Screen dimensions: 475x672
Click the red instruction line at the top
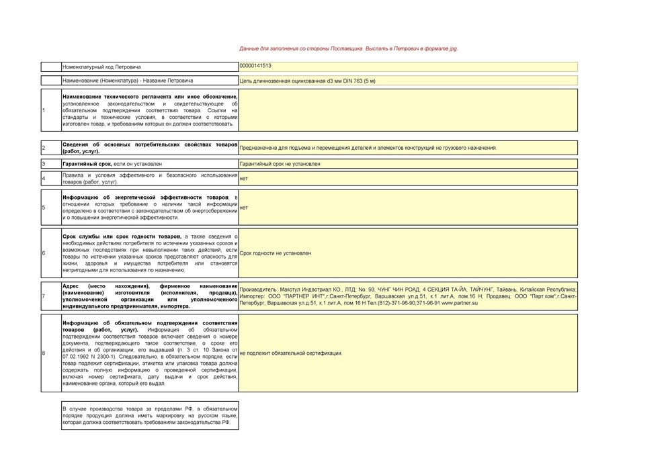click(x=348, y=49)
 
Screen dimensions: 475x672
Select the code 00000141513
click(x=256, y=66)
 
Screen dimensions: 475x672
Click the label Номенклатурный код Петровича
click(x=101, y=67)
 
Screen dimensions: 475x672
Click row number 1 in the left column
click(x=43, y=110)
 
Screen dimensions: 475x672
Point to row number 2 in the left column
click(x=43, y=148)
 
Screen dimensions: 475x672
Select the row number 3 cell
click(x=43, y=164)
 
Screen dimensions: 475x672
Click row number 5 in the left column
click(x=43, y=208)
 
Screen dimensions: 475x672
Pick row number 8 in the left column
click(x=43, y=353)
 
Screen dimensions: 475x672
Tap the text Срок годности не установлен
click(x=276, y=253)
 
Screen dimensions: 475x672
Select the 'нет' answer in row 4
click(x=243, y=179)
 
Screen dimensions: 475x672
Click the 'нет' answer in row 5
click(x=243, y=208)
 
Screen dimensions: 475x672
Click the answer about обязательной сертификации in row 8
click(x=291, y=353)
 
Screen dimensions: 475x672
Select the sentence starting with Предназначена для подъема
click(x=368, y=148)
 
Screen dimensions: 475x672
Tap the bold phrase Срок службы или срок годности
click(x=121, y=236)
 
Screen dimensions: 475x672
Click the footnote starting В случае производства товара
click(x=150, y=415)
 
